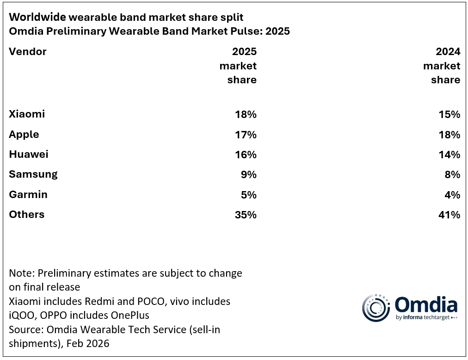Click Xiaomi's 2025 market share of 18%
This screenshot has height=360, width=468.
tap(245, 114)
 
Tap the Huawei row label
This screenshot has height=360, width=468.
tap(29, 155)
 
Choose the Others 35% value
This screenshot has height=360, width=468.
tap(245, 215)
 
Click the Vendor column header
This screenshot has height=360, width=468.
tap(28, 51)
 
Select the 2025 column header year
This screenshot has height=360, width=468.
tap(244, 51)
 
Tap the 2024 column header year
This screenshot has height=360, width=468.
tap(448, 51)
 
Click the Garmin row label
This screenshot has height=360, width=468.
tap(28, 194)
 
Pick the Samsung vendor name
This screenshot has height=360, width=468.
tap(33, 174)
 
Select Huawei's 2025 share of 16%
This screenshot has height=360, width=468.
tap(245, 155)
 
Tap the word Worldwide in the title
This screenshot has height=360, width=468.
tap(37, 17)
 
